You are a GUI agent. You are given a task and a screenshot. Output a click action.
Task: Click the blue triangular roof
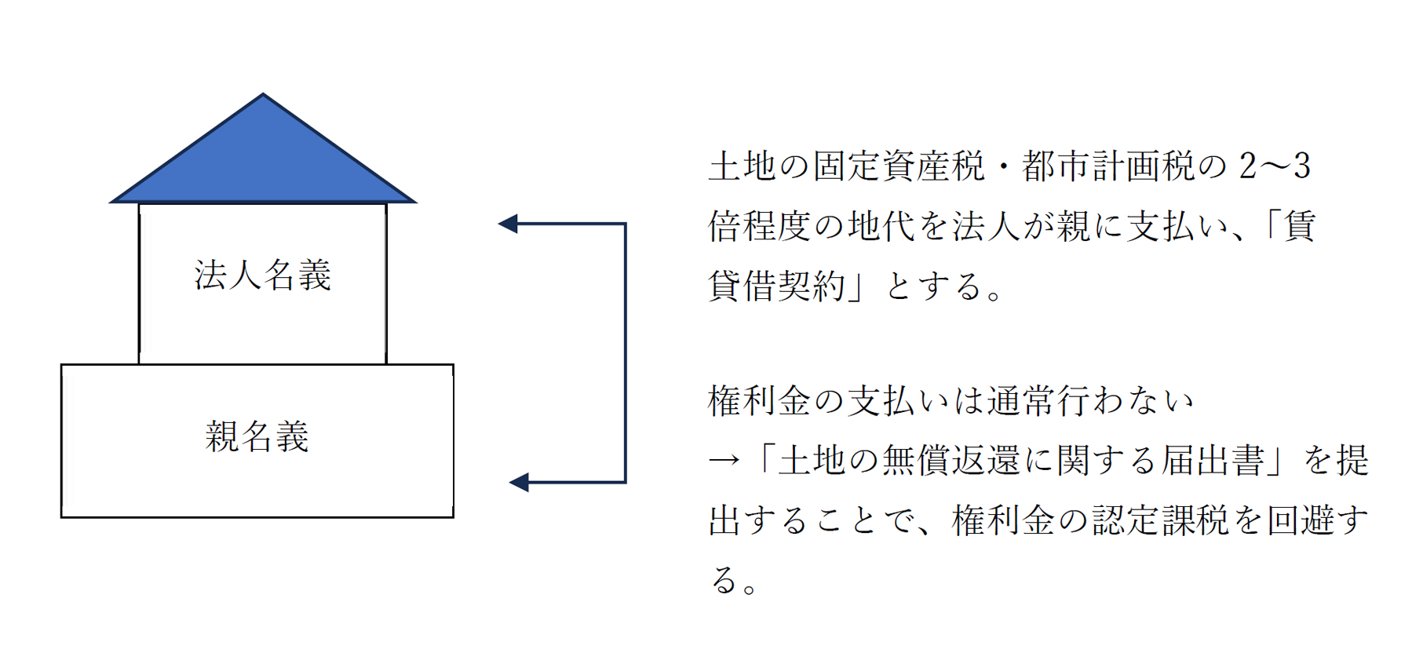coord(263,157)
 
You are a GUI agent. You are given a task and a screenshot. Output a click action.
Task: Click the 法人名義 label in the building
coord(263,275)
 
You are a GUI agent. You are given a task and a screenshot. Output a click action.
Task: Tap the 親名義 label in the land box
coord(257,436)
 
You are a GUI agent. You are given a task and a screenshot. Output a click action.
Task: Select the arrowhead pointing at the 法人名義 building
coord(508,224)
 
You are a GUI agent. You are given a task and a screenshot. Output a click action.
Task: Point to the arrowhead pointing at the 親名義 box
coord(519,482)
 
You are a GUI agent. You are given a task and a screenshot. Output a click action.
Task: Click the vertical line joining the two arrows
coord(625,353)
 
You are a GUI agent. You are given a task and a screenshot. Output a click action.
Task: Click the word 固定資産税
coord(898,166)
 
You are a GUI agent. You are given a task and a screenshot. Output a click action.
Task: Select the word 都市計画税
coord(1107,166)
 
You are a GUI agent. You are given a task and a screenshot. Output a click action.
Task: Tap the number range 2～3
coord(1275,166)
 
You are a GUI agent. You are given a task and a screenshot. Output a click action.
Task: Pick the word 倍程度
coord(760,226)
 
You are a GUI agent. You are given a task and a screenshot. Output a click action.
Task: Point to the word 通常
coord(1020,401)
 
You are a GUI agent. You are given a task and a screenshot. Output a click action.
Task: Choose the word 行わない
coord(1126,401)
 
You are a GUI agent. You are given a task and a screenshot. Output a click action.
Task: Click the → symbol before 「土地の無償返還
coord(724,461)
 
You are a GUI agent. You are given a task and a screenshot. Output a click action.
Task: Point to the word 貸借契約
coord(777,286)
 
